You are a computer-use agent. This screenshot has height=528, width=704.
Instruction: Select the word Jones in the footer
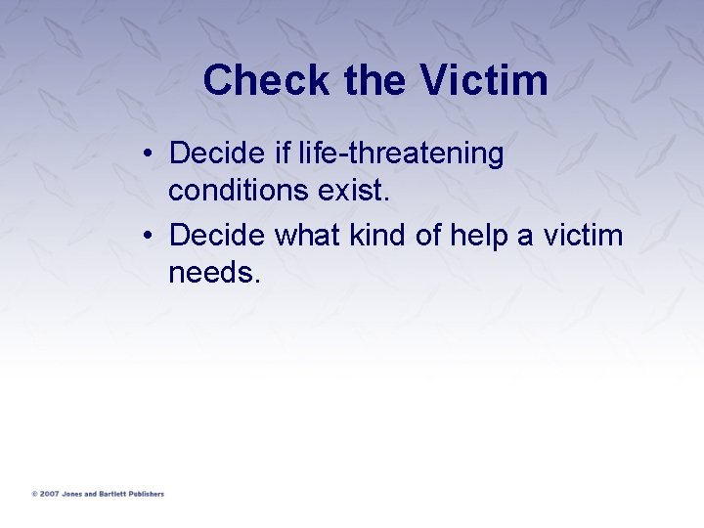(73, 494)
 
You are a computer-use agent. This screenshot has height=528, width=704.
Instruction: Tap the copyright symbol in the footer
(34, 494)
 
